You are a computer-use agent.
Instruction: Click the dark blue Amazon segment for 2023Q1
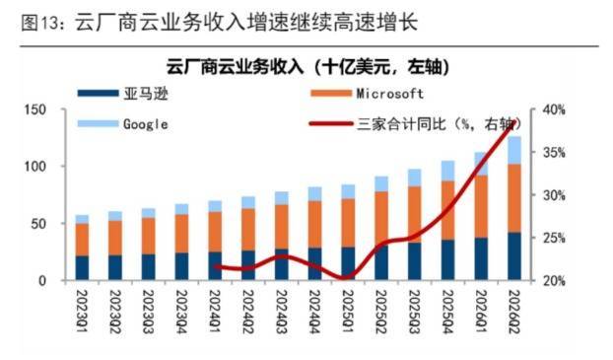coord(82,268)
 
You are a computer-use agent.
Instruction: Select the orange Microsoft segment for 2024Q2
coord(248,230)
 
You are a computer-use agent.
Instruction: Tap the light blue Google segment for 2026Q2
coord(514,150)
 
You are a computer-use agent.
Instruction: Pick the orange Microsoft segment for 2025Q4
coord(447,210)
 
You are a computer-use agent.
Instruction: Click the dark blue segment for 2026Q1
coord(481,259)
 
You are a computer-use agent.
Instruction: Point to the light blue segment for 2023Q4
coord(181,209)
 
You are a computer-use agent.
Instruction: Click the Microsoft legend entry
coord(367,94)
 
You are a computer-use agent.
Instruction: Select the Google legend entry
coord(123,124)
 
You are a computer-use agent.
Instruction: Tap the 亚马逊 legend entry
coord(123,94)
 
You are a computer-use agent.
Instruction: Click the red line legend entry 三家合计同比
coord(415,124)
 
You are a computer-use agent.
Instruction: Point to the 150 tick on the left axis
coord(35,109)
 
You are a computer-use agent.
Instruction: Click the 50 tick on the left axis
coord(39,224)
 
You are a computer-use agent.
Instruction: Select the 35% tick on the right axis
coord(554,153)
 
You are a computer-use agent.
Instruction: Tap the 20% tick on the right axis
coord(554,280)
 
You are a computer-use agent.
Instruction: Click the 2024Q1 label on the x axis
coord(216,311)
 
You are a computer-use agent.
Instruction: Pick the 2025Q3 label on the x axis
coord(415,311)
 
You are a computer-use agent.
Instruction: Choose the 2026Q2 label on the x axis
coord(514,311)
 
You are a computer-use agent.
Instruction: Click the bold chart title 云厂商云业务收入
coord(235,67)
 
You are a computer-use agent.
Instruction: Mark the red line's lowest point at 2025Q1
coord(345,278)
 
